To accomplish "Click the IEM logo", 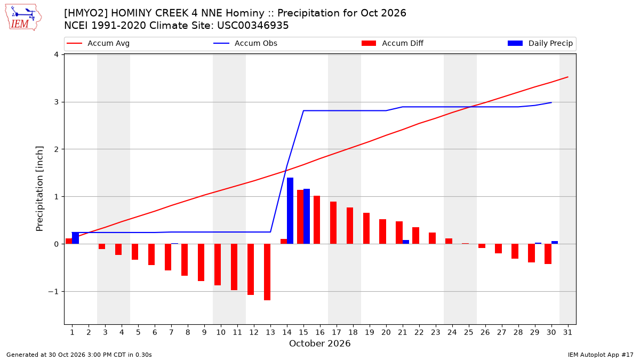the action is [x=23, y=18].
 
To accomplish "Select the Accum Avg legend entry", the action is [x=98, y=43].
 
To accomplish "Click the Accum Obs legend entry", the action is [x=245, y=43].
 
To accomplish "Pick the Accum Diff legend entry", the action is [x=393, y=43].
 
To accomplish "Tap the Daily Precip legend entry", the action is [x=540, y=43].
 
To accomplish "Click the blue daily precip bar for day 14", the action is [x=290, y=211].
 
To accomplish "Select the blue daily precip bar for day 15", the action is [x=307, y=217].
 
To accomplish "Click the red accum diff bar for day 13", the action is [x=267, y=272].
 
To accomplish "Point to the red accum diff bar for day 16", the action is [x=317, y=220].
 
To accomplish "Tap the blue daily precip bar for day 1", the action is [x=75, y=238].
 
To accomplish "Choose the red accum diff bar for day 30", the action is [x=548, y=254].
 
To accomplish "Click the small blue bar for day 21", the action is [x=406, y=242].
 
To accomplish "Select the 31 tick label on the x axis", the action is [x=567, y=332].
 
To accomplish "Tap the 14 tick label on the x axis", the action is [x=287, y=332].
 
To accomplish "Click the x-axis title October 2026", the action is [x=319, y=343].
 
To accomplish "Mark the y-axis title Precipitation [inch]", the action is [x=39, y=189].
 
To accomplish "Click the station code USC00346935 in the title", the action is [x=253, y=26].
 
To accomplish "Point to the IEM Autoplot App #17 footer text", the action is [x=601, y=355].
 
